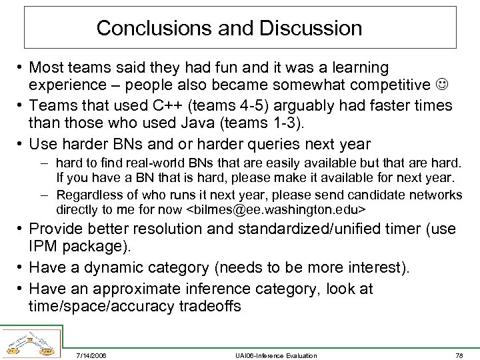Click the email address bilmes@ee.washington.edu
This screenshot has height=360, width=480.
coord(275,210)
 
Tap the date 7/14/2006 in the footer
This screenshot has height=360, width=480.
coord(91,355)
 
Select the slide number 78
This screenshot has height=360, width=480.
coord(459,355)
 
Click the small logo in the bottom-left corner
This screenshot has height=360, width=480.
coord(30,342)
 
